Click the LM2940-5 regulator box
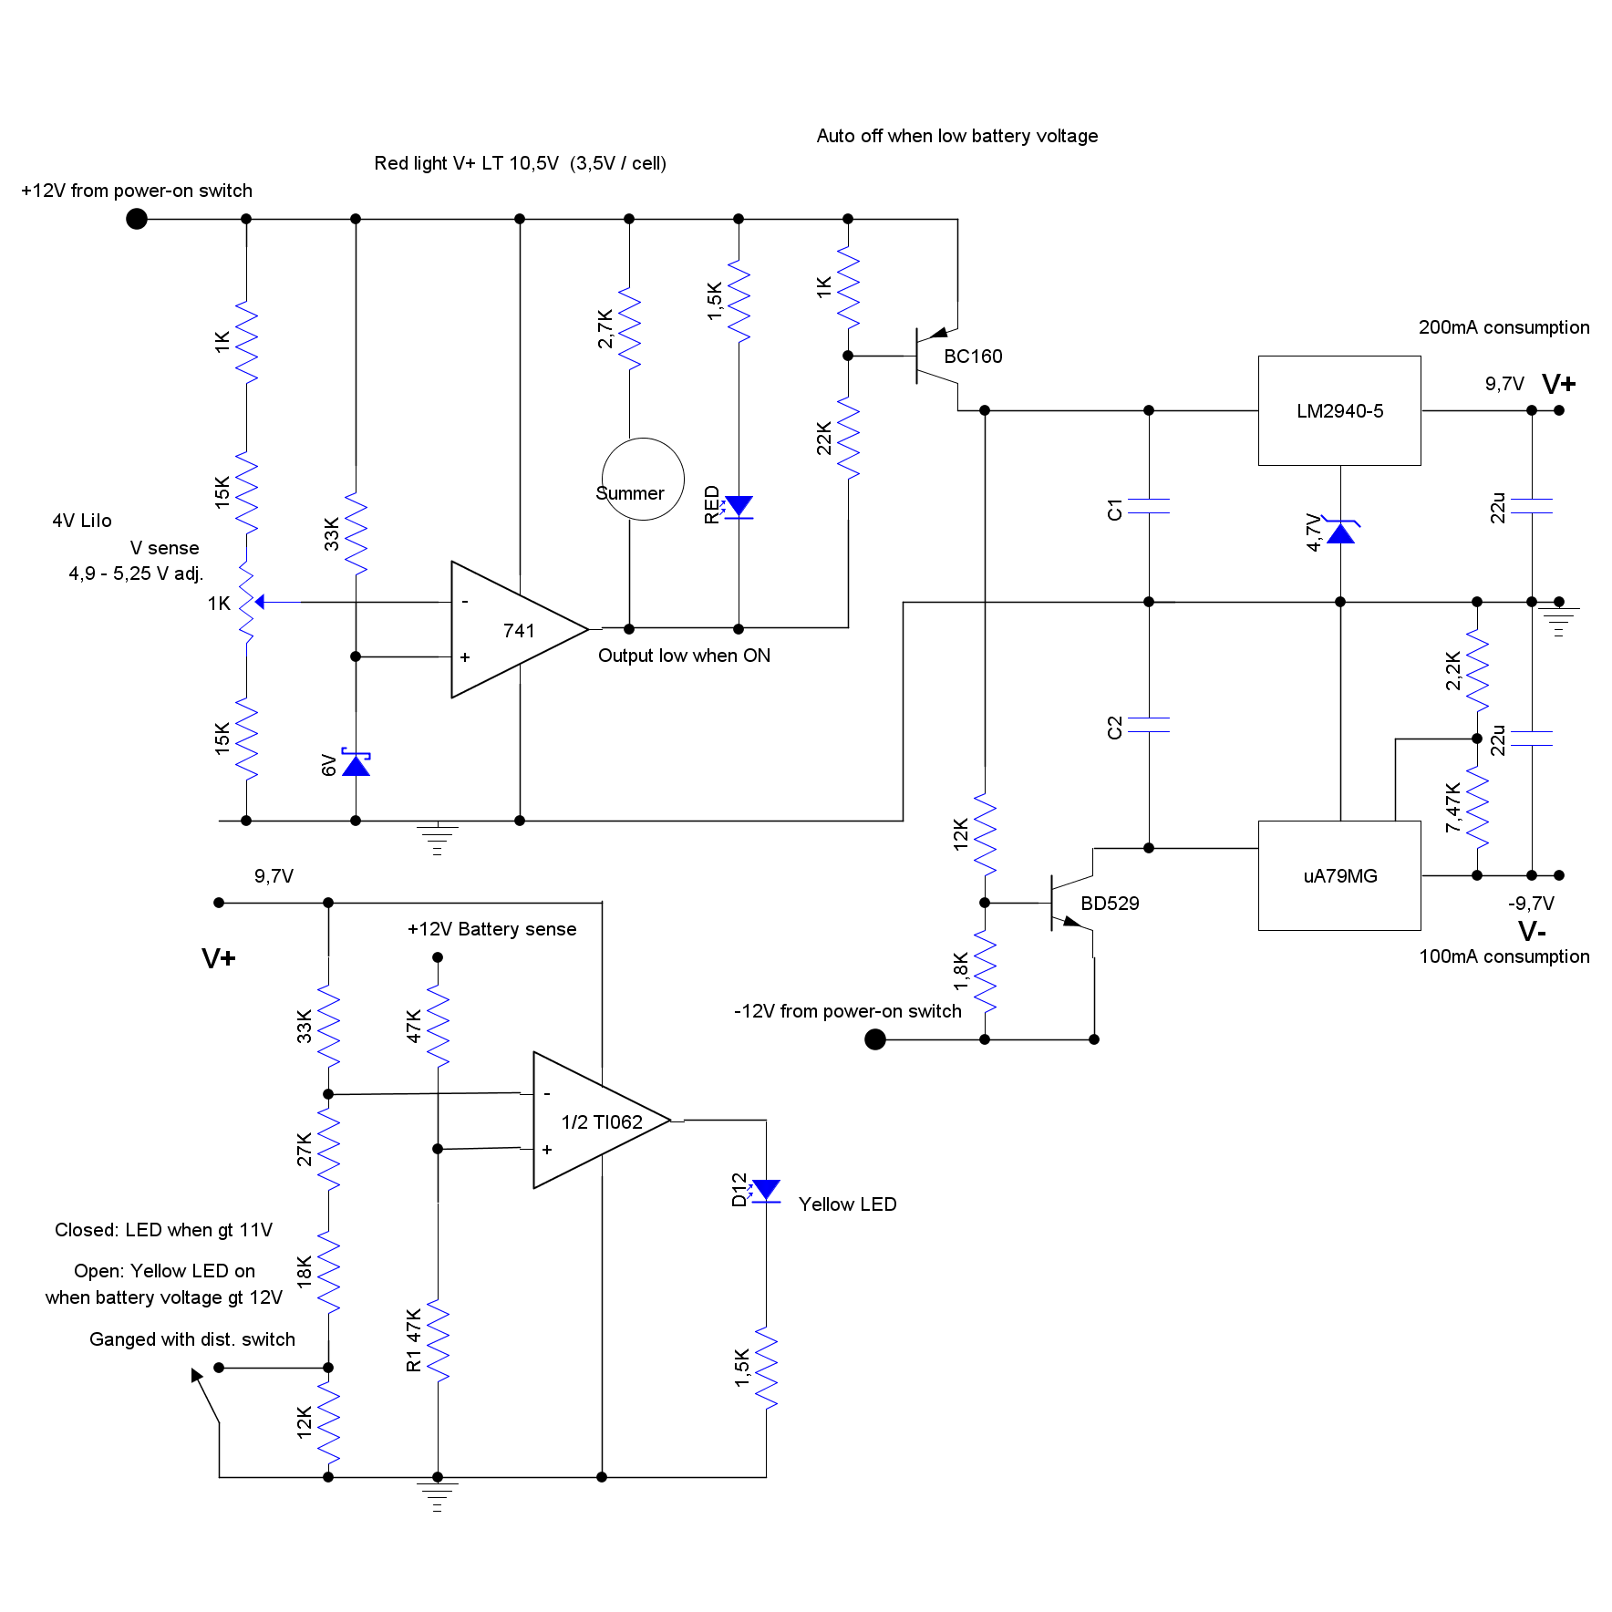(1338, 410)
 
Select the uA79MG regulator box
(1338, 875)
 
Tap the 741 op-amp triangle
(511, 629)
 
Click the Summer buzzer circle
(643, 479)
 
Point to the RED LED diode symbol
(739, 507)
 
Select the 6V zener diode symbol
(356, 764)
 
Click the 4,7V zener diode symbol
(1340, 532)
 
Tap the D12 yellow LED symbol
(766, 1191)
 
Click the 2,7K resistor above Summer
(629, 328)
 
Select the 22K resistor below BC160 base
(848, 438)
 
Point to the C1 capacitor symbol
(1149, 506)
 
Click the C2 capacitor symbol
(1149, 725)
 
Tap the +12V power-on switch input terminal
(137, 219)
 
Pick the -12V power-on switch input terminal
(875, 1039)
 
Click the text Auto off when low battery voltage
(956, 136)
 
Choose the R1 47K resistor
(438, 1340)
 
